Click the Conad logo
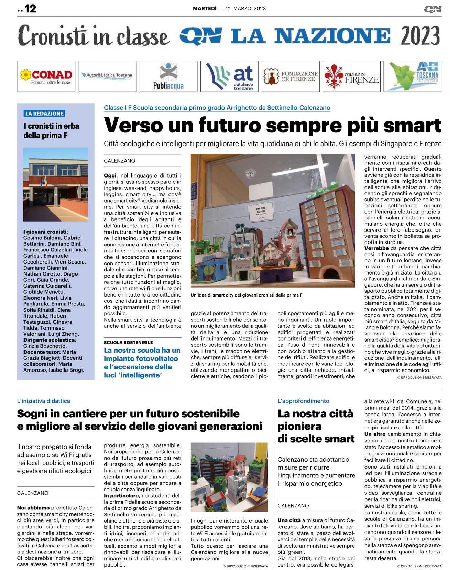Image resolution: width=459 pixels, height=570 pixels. (x=46, y=76)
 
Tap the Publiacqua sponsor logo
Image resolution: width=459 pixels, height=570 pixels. (x=168, y=76)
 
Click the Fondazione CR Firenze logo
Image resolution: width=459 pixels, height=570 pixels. (x=291, y=76)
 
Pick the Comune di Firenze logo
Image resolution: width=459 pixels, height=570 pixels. (x=351, y=76)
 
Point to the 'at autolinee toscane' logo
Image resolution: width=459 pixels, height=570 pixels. (x=229, y=76)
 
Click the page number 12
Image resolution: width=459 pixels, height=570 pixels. (x=30, y=9)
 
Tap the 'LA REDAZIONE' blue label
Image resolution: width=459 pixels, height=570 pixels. (x=44, y=114)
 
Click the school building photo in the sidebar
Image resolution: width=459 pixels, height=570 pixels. (x=55, y=184)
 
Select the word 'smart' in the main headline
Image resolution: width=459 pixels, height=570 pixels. (x=413, y=125)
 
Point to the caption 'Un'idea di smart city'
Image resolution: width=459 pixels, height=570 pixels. (x=246, y=295)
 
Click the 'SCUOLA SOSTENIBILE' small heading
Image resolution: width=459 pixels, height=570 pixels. (x=128, y=342)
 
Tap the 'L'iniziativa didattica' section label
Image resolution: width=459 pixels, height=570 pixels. (x=44, y=401)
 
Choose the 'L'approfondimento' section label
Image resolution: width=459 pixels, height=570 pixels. (x=303, y=401)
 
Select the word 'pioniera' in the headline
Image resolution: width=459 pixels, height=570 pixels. (x=299, y=427)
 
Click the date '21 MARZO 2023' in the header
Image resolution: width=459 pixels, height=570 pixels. (x=246, y=9)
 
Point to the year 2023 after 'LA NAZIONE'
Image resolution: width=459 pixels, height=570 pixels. (x=420, y=36)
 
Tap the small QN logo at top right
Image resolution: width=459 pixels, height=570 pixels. (x=433, y=9)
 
